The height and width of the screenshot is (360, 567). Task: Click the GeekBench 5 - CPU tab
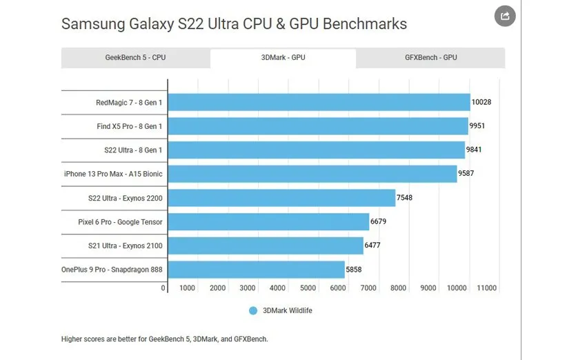pos(135,58)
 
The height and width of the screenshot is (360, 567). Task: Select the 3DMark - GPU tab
pos(283,58)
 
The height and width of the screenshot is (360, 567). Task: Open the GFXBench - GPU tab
pos(430,58)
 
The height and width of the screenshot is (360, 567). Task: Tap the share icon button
pos(505,16)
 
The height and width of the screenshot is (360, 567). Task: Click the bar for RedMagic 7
pos(319,103)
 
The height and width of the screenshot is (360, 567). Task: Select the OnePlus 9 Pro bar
pos(256,269)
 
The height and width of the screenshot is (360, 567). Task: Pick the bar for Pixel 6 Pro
pos(268,221)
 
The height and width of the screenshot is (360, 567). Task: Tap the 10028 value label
pos(481,103)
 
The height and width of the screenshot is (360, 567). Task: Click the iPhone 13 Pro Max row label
pos(113,174)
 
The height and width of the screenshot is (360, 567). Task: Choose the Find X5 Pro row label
pos(130,127)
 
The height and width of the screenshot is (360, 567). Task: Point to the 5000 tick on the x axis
pos(308,288)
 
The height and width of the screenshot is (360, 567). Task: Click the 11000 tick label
pos(486,288)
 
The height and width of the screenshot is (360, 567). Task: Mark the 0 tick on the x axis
pos(163,288)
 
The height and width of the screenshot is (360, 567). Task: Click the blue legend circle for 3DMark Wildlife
pos(253,311)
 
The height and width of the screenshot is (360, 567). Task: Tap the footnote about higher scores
pos(164,339)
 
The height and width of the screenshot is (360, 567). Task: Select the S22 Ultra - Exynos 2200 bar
pos(281,198)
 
